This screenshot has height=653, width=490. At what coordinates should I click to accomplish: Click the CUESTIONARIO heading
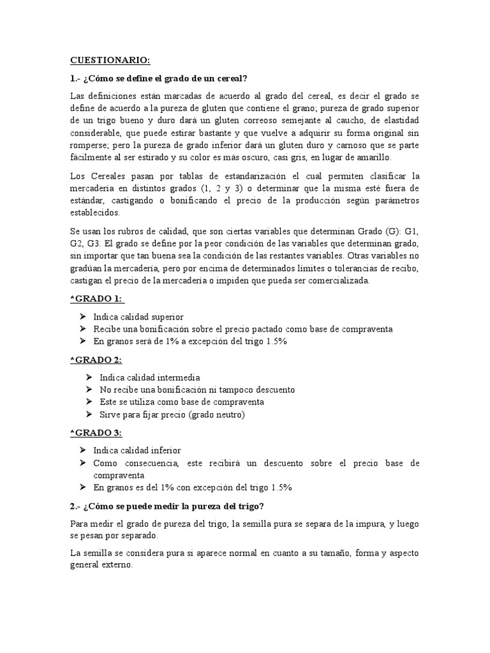110,61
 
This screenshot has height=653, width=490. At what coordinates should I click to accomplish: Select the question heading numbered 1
158,78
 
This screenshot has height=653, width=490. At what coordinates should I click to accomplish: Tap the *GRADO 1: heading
97,299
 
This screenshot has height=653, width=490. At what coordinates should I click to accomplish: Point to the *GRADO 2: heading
97,360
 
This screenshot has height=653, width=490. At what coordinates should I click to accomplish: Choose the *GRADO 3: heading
97,433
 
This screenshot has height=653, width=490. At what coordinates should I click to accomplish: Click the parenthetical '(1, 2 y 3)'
235,188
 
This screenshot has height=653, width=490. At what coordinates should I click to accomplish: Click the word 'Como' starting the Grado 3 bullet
105,463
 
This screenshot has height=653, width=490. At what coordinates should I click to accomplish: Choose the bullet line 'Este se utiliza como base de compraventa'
182,402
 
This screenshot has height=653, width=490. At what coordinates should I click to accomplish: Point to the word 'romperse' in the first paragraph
89,145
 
